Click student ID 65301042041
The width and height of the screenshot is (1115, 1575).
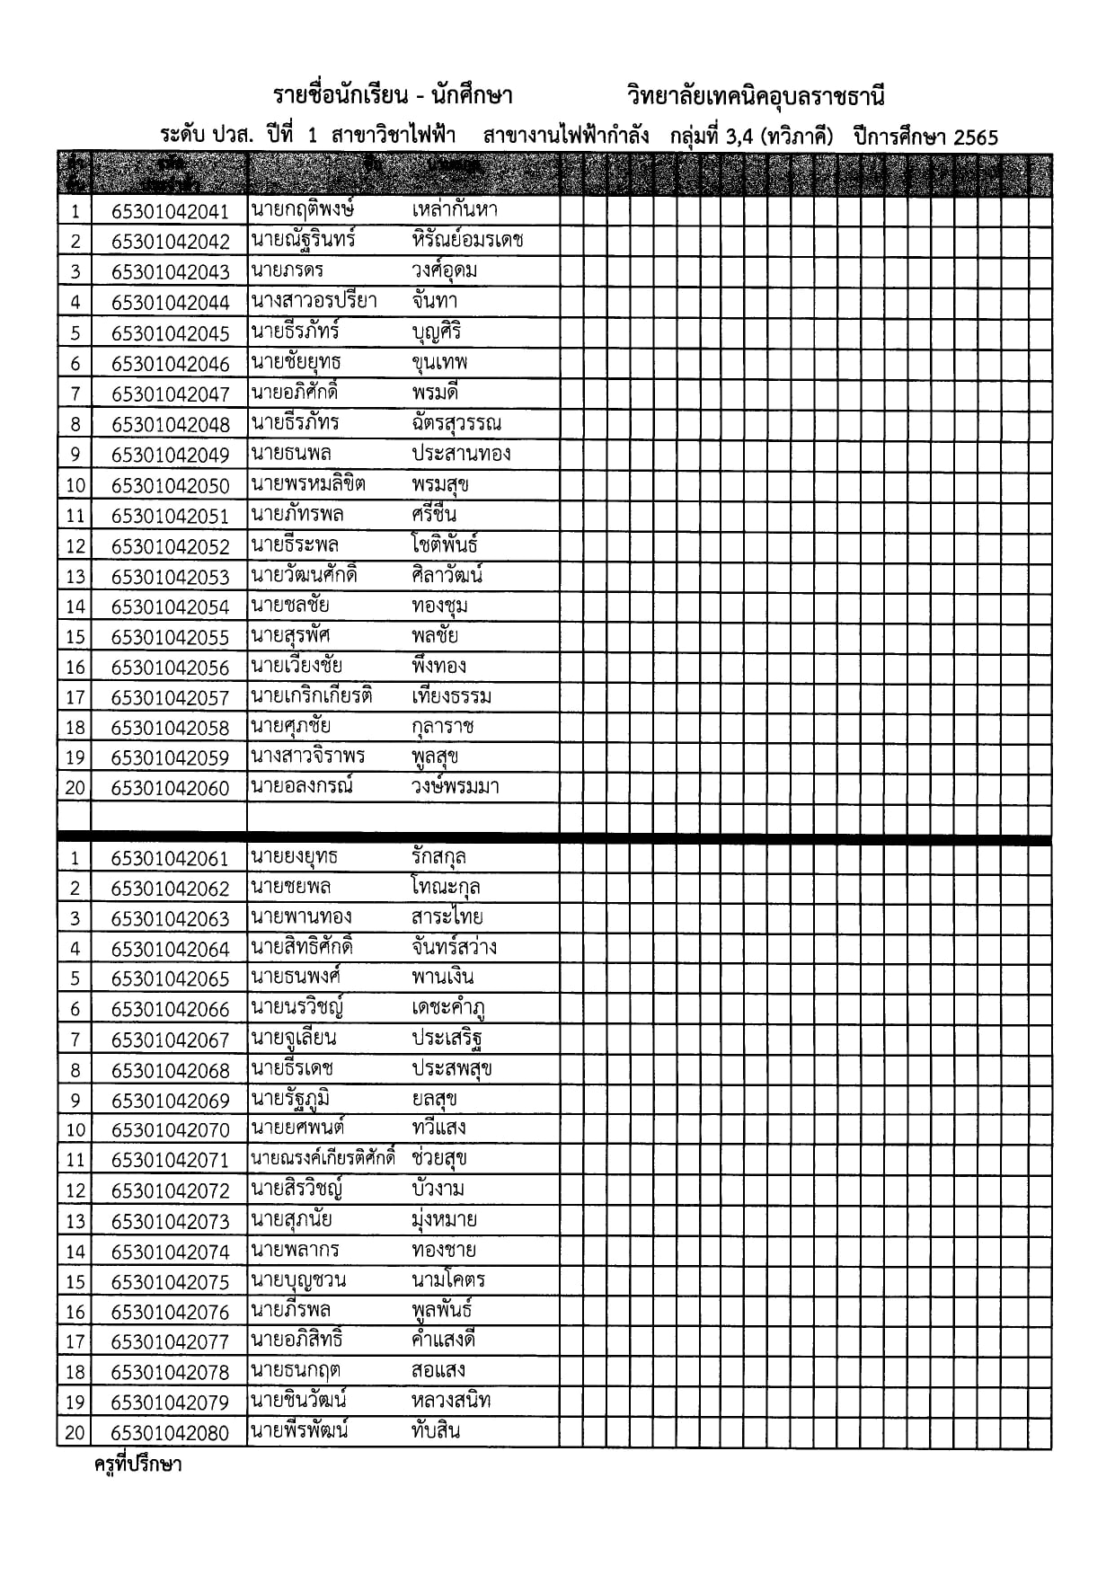pyautogui.click(x=170, y=211)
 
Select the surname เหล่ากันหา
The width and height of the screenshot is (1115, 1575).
pyautogui.click(x=455, y=210)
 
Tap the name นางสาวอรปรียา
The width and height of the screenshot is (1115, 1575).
pyautogui.click(x=314, y=301)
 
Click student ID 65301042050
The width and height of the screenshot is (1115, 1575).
pyautogui.click(x=170, y=485)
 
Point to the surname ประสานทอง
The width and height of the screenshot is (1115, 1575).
pyautogui.click(x=461, y=453)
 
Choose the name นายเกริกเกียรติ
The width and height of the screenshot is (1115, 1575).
pyautogui.click(x=312, y=696)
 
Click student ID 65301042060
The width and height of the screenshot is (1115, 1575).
pyautogui.click(x=170, y=788)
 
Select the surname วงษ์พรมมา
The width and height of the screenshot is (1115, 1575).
pyautogui.click(x=456, y=787)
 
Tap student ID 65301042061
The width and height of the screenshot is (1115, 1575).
pyautogui.click(x=170, y=858)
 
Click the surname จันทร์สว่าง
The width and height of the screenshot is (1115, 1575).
pyautogui.click(x=454, y=947)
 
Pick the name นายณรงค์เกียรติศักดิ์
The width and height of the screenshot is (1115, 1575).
pyautogui.click(x=323, y=1158)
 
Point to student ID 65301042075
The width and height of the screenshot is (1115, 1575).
pyautogui.click(x=170, y=1281)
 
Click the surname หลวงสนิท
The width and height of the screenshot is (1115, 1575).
pyautogui.click(x=451, y=1400)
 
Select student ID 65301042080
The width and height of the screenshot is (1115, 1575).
pyautogui.click(x=170, y=1432)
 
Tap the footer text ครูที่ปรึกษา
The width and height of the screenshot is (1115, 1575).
pyautogui.click(x=138, y=1464)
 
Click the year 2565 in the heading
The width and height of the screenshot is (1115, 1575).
pyautogui.click(x=976, y=137)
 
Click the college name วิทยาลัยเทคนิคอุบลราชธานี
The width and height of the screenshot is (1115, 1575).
pyautogui.click(x=757, y=96)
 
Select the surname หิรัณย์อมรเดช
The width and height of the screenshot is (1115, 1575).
pyautogui.click(x=467, y=240)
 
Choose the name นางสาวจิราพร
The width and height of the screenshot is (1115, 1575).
pyautogui.click(x=308, y=757)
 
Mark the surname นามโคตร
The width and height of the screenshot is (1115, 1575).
pyautogui.click(x=448, y=1279)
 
